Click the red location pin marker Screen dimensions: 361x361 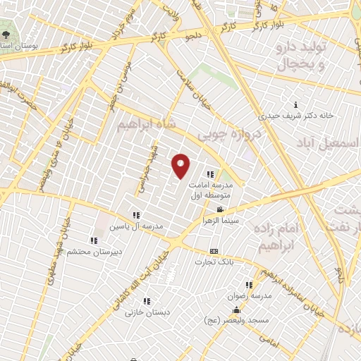tap(181, 166)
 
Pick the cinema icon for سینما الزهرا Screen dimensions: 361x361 tap(221, 209)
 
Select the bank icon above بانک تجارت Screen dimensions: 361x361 tap(214, 251)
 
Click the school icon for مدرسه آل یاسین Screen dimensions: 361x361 tap(135, 216)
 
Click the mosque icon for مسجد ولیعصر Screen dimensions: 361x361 tap(235, 310)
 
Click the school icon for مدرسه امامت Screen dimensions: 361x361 tap(209, 174)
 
